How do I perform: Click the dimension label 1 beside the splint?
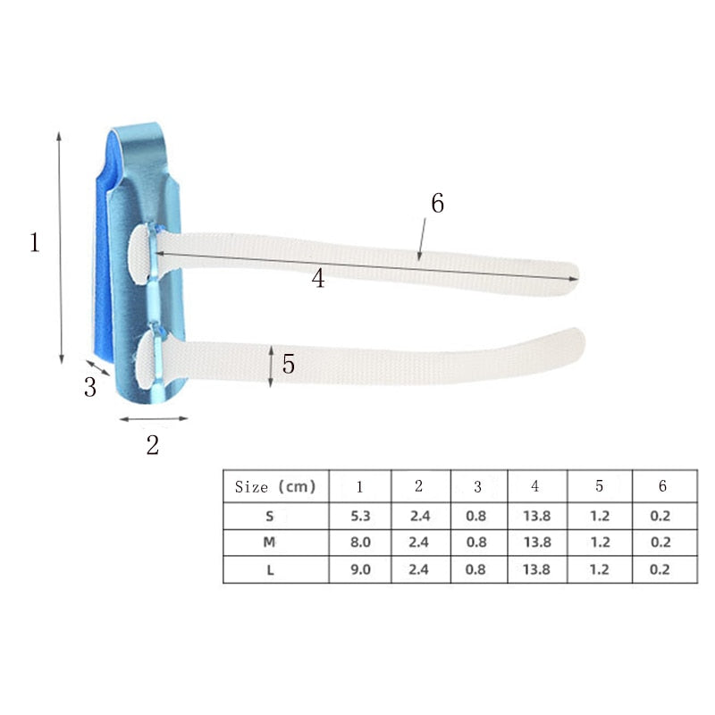point(35,242)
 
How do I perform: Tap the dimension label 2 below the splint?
point(153,444)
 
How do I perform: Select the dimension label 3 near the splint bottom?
point(90,388)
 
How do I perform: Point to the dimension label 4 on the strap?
point(318,279)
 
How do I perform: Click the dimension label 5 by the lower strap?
point(289,365)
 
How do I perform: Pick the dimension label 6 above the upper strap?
point(437,204)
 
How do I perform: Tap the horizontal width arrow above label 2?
point(154,417)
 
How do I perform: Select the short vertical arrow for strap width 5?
point(271,366)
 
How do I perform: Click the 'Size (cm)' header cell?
point(275,487)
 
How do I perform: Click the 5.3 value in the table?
point(359,516)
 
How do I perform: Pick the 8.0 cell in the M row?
point(359,543)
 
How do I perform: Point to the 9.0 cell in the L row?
point(359,569)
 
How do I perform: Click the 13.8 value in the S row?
point(535,516)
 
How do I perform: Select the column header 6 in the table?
point(662,487)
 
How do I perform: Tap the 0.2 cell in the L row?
point(661,569)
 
